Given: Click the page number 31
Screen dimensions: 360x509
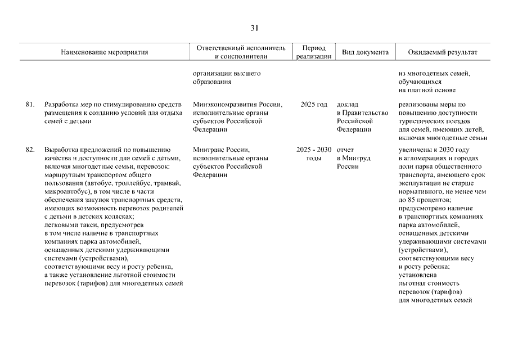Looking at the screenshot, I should [254, 28].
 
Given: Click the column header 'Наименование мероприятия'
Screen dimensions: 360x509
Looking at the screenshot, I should [105, 52].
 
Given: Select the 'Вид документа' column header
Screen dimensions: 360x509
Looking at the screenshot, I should [365, 52].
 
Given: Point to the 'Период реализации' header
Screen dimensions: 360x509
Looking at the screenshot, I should [314, 52].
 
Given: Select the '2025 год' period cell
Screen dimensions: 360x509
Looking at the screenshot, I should [314, 105].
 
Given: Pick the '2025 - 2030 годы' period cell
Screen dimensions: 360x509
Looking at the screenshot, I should [314, 154].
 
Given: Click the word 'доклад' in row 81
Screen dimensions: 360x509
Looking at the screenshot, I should [348, 105].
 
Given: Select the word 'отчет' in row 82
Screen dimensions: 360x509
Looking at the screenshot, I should [346, 150].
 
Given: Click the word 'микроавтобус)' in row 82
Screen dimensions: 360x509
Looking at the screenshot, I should [65, 191].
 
